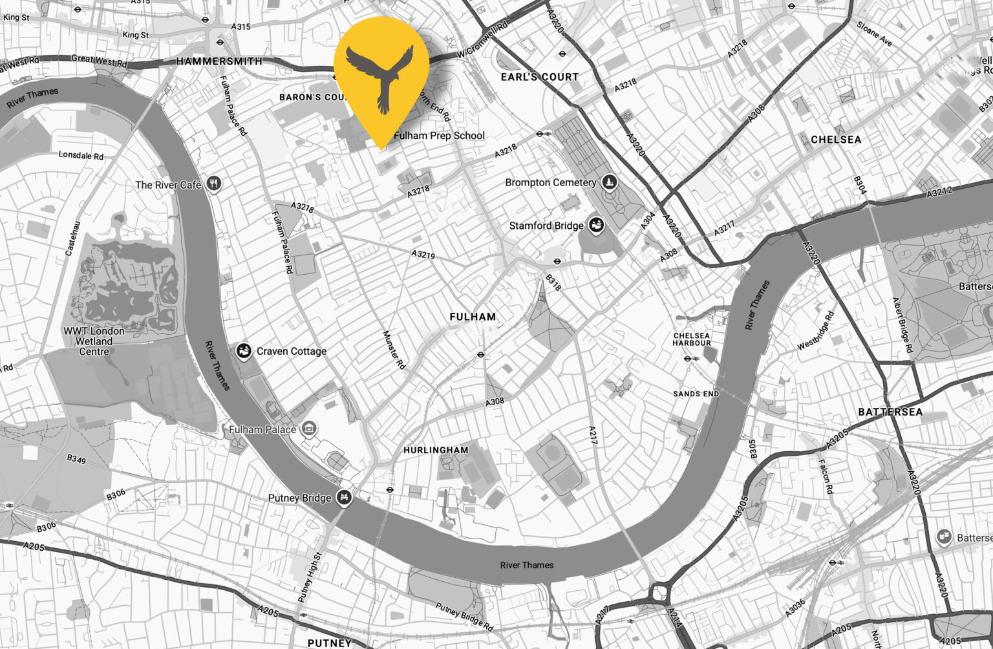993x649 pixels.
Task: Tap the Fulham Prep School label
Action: pyautogui.click(x=439, y=136)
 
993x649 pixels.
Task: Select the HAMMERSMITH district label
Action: pyautogui.click(x=220, y=61)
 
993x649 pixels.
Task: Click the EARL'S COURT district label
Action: pyautogui.click(x=540, y=77)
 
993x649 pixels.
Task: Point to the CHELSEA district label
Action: pyautogui.click(x=836, y=140)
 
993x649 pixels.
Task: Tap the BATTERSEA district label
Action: pyautogui.click(x=890, y=412)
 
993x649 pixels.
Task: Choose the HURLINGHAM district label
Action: pyautogui.click(x=436, y=450)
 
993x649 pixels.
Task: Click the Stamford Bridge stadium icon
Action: pyautogui.click(x=595, y=226)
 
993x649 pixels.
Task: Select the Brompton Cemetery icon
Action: pyautogui.click(x=608, y=182)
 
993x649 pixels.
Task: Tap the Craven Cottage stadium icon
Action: pyautogui.click(x=244, y=352)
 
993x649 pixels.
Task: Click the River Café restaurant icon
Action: pyautogui.click(x=214, y=184)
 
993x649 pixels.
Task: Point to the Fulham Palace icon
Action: pyautogui.click(x=310, y=429)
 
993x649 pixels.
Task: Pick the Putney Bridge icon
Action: pyautogui.click(x=345, y=498)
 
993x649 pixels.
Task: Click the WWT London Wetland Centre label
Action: pyautogui.click(x=94, y=341)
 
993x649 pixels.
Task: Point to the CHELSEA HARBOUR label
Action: pyautogui.click(x=692, y=339)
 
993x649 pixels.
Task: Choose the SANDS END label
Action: pyautogui.click(x=696, y=394)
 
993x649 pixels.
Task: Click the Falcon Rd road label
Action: pyautogui.click(x=826, y=476)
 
